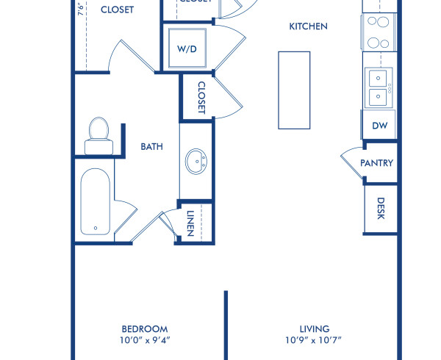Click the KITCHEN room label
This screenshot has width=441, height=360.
point(308,26)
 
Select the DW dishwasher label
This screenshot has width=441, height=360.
point(379,126)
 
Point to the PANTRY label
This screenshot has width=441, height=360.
point(377,163)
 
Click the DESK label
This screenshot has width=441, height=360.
point(381,208)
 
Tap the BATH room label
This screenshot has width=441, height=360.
point(151,147)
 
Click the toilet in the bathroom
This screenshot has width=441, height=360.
point(97,136)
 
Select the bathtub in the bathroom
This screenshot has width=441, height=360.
point(96,203)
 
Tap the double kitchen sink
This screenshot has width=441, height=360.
point(379,86)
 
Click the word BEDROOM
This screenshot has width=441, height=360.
point(144,329)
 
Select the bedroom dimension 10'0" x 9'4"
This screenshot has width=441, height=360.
point(144,340)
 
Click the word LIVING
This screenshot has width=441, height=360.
point(314,329)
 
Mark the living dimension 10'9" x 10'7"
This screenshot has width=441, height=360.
point(314,340)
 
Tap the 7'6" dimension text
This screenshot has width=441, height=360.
point(80,9)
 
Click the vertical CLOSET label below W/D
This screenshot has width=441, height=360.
point(201,98)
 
